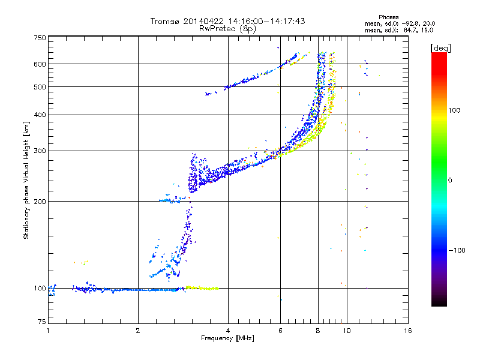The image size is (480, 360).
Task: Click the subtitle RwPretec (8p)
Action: point(227,29)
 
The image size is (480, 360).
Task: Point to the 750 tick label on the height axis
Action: point(40,38)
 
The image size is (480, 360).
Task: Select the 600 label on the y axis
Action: point(40,64)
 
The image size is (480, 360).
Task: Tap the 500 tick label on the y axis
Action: point(40,87)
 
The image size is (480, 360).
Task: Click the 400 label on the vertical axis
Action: point(40,115)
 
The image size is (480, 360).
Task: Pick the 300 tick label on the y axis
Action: point(40,151)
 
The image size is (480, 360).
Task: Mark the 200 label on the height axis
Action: point(40,202)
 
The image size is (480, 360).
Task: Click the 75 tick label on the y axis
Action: point(42,322)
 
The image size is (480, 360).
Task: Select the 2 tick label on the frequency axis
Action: point(138,331)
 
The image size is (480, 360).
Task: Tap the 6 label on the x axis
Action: point(280,331)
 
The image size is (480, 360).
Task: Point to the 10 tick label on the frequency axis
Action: point(347,331)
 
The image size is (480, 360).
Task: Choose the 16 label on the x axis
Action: point(408,331)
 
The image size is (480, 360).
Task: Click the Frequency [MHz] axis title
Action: point(227,338)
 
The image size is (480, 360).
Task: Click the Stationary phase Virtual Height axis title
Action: point(26,180)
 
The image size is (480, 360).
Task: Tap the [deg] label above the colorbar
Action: point(440,49)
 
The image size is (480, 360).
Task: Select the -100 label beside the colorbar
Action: point(457,250)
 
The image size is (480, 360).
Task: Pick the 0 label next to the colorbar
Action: point(450,181)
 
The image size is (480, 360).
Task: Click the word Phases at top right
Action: point(388,17)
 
